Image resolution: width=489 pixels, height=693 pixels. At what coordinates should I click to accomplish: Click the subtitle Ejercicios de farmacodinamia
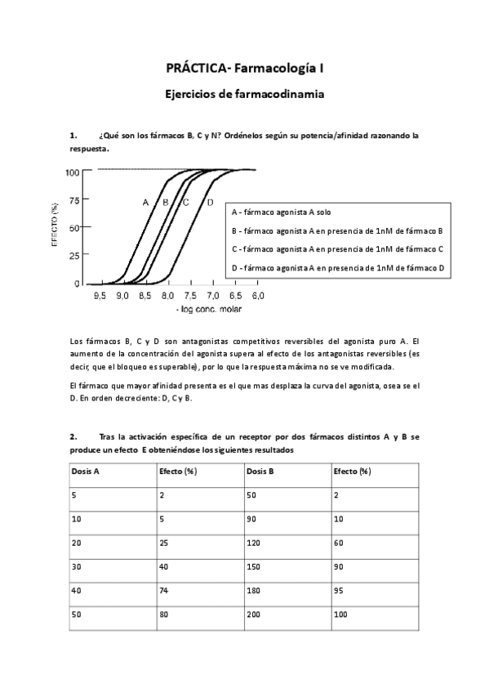coord(244,94)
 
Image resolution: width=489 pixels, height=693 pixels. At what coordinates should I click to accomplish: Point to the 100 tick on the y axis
coord(73,172)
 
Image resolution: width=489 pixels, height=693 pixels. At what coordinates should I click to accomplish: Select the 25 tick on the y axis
coord(75,256)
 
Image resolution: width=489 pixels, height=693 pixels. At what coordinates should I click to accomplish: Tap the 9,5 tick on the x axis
coord(100,294)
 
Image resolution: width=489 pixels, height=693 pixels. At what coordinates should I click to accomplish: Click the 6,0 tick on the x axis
coord(257,294)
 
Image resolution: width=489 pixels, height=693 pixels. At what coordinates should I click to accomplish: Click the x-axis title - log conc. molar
coord(208,309)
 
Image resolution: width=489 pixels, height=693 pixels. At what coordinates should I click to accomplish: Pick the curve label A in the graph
coord(145,202)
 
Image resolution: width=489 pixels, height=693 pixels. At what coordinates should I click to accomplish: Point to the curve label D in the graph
coord(210,202)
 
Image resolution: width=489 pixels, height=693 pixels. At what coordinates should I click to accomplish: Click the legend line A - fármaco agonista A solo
coord(282,212)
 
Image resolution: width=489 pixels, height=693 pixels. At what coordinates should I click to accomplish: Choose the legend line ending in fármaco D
coord(337,267)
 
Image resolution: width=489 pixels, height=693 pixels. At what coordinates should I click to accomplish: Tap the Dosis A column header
coord(87,472)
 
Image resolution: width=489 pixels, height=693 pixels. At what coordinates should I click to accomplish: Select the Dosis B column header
coord(261,472)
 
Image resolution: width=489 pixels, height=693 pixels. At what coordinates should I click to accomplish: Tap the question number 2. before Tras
coord(74,437)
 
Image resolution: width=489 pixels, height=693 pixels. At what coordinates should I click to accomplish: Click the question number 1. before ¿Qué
coord(74,135)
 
